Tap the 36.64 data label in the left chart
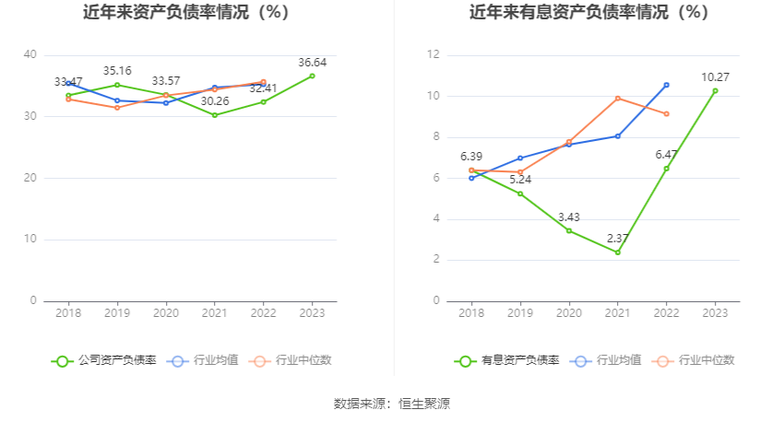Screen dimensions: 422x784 pos(313,62)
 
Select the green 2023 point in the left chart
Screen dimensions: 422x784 pos(312,76)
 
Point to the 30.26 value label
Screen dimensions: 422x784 pos(214,101)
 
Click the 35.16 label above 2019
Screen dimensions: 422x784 pos(117,70)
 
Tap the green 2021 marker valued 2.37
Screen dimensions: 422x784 pos(617,252)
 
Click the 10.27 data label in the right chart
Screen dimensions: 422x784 pos(715,76)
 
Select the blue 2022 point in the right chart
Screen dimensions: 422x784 pos(666,85)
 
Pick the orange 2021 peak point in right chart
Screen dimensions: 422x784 pos(617,99)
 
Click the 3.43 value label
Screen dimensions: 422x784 pos(569,217)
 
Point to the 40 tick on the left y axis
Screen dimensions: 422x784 pos(30,55)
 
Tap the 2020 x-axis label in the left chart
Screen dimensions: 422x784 pos(166,314)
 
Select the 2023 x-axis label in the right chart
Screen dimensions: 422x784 pos(715,314)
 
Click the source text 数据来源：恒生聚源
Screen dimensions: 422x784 pos(392,404)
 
